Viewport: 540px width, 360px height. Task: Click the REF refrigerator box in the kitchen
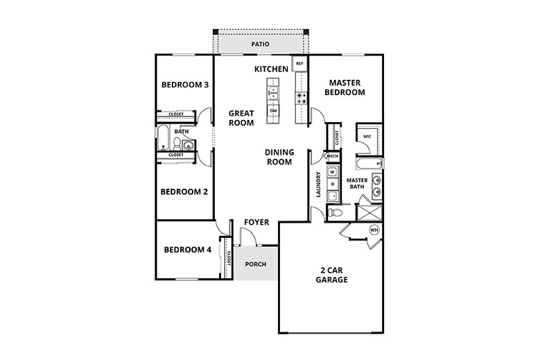point(299,64)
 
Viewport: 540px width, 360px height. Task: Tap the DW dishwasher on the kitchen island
point(273,110)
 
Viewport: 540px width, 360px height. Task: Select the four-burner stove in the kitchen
point(302,98)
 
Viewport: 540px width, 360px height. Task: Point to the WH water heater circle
point(374,230)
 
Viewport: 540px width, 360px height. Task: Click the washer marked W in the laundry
point(332,171)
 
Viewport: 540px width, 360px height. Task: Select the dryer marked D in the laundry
point(332,185)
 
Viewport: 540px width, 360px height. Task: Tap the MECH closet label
point(332,157)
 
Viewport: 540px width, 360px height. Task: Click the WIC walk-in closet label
point(367,137)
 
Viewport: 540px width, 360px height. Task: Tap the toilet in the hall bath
point(177,144)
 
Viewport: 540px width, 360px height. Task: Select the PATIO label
point(261,45)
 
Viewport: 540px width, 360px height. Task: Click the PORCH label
point(256,264)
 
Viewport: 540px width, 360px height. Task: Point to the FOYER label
point(256,222)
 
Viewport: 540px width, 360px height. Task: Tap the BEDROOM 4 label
point(187,250)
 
